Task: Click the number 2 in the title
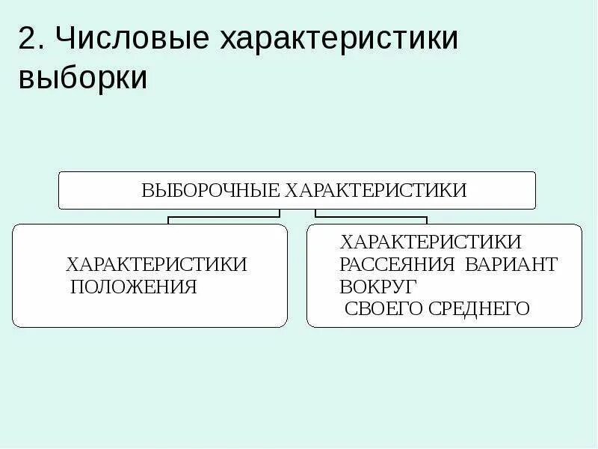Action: (x=27, y=40)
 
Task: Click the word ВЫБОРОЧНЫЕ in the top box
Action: (x=210, y=190)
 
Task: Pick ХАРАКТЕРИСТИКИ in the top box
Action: (x=374, y=190)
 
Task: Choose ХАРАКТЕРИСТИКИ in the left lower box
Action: (x=156, y=265)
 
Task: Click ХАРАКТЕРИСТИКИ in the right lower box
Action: (x=431, y=242)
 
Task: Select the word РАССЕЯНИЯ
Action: (x=397, y=265)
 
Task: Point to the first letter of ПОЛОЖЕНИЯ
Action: (x=76, y=287)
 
